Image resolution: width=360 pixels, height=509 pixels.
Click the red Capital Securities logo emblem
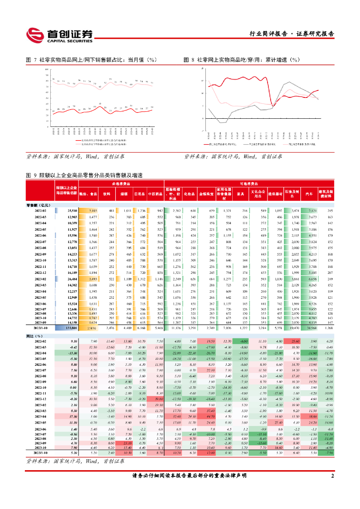pyautogui.click(x=34, y=35)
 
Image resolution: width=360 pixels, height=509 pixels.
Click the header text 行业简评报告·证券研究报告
pyautogui.click(x=291, y=34)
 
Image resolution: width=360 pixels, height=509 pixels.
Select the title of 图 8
pyautogui.click(x=243, y=60)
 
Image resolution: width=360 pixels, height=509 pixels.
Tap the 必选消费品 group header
pyautogui.click(x=122, y=183)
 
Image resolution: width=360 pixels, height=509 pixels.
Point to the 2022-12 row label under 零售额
pyautogui.click(x=41, y=273)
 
